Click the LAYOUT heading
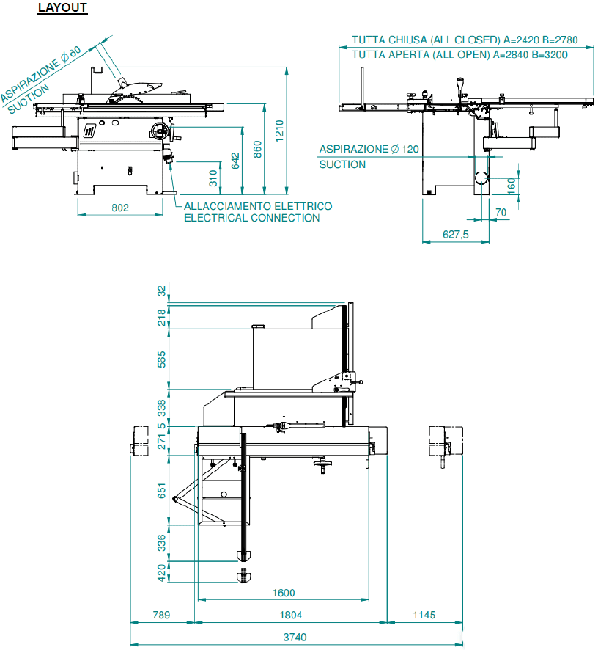[x=62, y=8]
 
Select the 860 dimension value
[x=256, y=150]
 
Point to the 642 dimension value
[x=235, y=160]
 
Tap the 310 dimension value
[x=213, y=178]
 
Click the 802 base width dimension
[x=120, y=208]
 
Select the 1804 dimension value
[x=291, y=615]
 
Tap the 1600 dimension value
[x=283, y=593]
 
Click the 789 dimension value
[x=161, y=615]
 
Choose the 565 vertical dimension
[x=162, y=359]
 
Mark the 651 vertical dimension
[x=162, y=489]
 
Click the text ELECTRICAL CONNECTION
[x=251, y=218]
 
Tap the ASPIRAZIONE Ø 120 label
[x=369, y=149]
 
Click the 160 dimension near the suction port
[x=511, y=184]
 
